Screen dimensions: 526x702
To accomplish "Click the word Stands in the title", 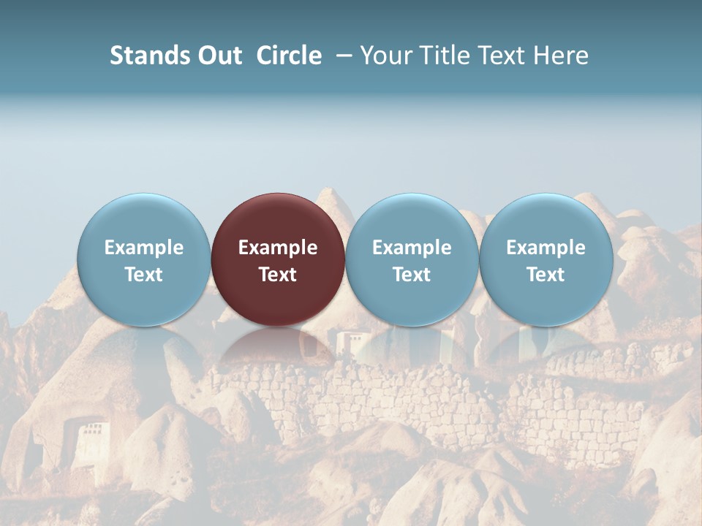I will click(x=145, y=56).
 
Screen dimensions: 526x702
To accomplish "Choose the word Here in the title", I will click(x=559, y=56).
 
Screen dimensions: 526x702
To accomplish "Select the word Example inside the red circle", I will click(x=278, y=248).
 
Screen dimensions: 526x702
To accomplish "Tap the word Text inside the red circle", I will click(x=278, y=275).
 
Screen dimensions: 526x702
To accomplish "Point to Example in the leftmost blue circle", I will click(x=143, y=248).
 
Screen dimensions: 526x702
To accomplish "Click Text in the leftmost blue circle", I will click(x=143, y=275).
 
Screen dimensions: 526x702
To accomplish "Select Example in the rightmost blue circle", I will click(x=546, y=248).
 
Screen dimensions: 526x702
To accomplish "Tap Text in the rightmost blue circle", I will click(x=546, y=275).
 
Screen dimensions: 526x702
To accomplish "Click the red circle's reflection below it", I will click(x=278, y=347).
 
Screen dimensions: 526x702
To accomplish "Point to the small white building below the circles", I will click(x=350, y=343).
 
